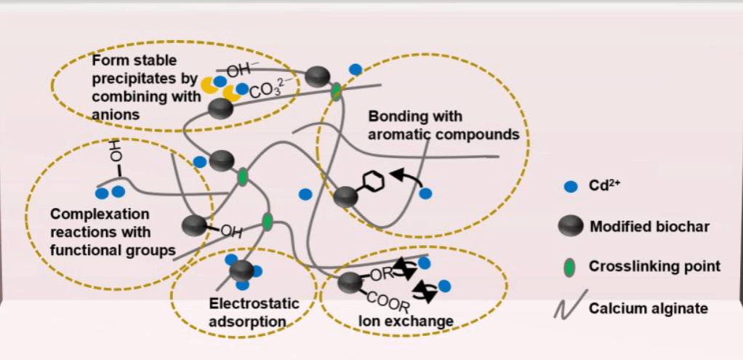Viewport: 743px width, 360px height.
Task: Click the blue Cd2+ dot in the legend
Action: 571,187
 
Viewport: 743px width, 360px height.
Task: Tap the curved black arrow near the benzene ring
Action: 406,178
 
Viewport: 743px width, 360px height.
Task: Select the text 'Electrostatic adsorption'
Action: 244,311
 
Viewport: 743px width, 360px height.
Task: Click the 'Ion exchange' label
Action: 406,321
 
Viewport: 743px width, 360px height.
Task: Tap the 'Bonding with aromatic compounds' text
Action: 443,125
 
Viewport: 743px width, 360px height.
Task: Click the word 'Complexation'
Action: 99,215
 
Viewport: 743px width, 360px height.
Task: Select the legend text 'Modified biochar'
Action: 649,226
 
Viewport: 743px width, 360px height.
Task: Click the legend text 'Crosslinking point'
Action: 654,266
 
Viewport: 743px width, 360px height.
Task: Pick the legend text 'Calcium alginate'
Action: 648,308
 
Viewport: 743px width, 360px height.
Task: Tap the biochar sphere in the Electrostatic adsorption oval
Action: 241,271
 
